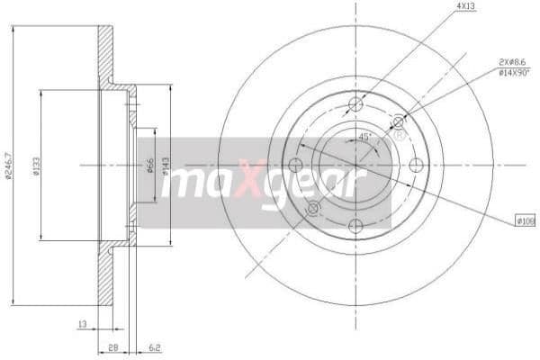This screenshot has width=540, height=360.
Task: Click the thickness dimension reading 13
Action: (x=82, y=322)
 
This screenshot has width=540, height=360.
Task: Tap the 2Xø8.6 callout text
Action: (x=510, y=61)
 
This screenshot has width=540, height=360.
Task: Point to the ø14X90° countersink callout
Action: (x=510, y=71)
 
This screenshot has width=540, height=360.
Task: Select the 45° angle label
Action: (x=364, y=137)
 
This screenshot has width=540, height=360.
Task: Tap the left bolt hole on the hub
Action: (x=294, y=165)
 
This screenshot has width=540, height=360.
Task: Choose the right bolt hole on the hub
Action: (x=416, y=165)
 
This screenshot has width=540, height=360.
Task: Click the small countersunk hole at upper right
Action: (x=398, y=121)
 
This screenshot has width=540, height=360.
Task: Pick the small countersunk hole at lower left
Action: (x=312, y=208)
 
